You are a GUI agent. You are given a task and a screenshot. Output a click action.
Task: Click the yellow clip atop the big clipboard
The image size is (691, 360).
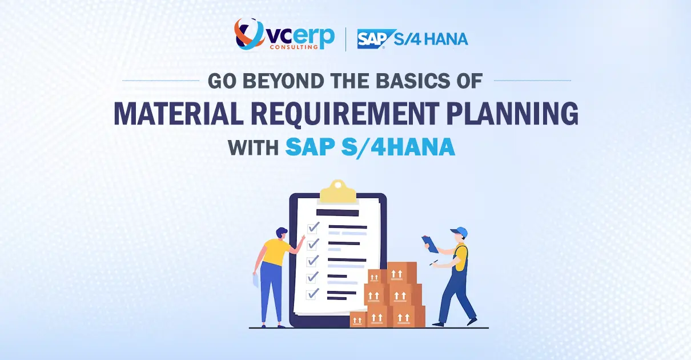338,193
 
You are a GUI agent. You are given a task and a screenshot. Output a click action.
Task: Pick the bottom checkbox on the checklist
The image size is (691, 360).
313,294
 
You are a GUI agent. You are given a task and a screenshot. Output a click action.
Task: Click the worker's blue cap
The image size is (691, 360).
460,233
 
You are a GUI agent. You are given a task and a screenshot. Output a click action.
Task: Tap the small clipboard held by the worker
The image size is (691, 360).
430,244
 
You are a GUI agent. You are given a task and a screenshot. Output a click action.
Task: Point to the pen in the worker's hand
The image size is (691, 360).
435,263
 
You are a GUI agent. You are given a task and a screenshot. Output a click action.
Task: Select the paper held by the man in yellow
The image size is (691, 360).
256,281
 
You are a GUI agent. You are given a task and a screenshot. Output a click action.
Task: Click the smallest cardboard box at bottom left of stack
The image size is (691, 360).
358,319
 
